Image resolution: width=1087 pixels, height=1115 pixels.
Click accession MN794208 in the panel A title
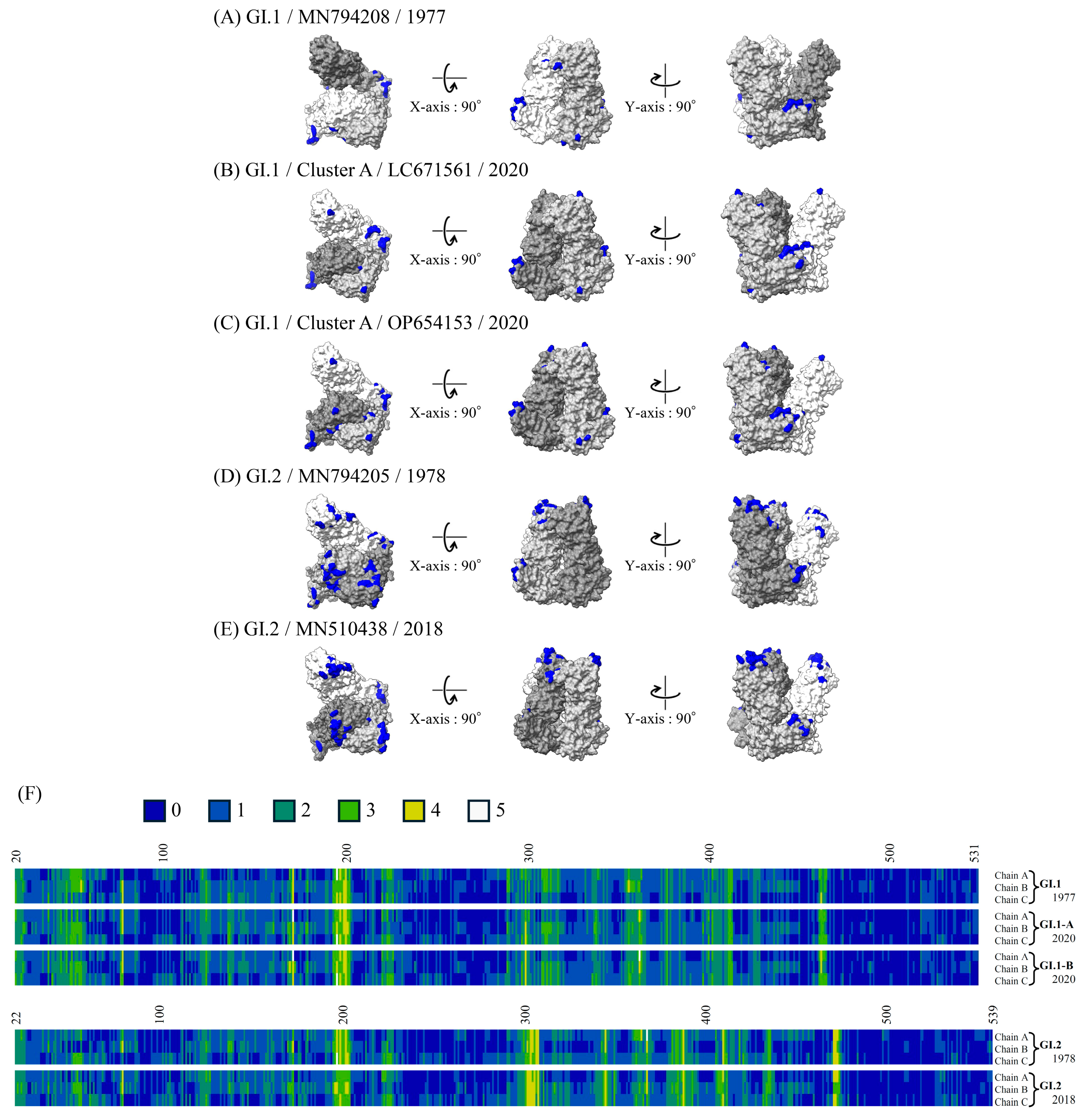pyautogui.click(x=344, y=17)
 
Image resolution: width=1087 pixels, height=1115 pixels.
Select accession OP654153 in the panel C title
pyautogui.click(x=430, y=323)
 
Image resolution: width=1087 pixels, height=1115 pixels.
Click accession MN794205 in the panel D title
pyautogui.click(x=344, y=476)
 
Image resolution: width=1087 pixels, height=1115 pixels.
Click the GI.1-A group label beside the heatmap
pyautogui.click(x=1056, y=924)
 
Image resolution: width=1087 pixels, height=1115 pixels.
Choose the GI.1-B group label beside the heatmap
pyautogui.click(x=1056, y=965)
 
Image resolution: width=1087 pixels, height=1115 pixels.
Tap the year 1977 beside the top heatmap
pyautogui.click(x=1064, y=897)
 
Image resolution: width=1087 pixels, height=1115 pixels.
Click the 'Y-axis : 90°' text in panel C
pyautogui.click(x=660, y=413)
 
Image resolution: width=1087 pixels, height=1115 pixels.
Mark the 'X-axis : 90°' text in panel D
pyautogui.click(x=445, y=566)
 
